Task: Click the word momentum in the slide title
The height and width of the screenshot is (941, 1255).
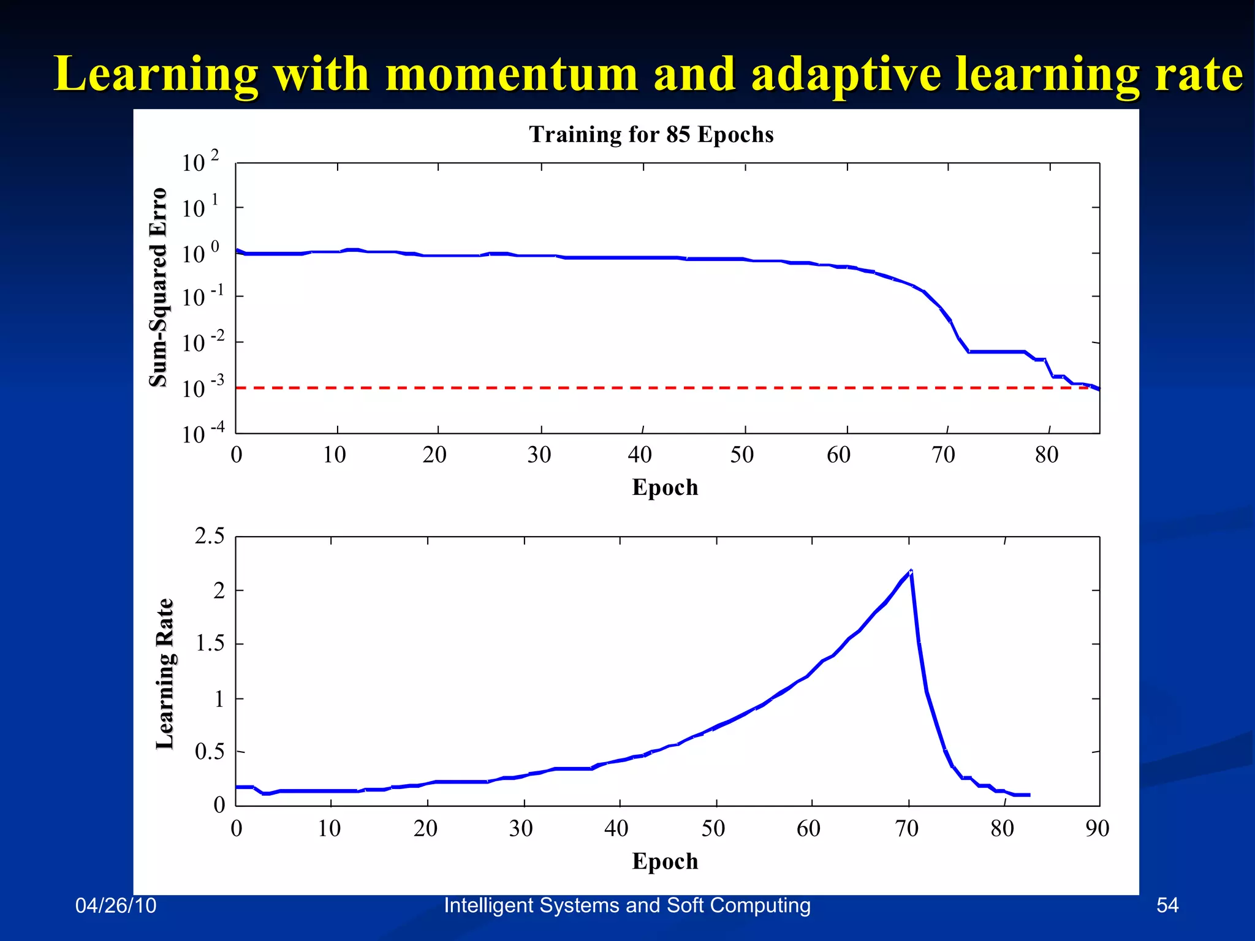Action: click(512, 75)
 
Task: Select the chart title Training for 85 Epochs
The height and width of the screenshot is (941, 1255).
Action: click(651, 135)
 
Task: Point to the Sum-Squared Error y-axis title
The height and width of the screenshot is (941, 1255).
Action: click(158, 287)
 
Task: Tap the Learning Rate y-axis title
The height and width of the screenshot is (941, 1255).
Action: click(165, 674)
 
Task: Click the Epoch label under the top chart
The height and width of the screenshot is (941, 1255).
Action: click(665, 488)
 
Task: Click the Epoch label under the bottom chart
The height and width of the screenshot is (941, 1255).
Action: click(665, 861)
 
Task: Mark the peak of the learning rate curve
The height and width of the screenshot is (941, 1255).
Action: click(911, 571)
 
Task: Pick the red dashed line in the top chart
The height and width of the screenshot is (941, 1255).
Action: click(613, 388)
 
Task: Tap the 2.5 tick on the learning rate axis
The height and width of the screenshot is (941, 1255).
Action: click(210, 537)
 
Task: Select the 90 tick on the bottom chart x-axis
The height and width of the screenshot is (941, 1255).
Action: click(1097, 829)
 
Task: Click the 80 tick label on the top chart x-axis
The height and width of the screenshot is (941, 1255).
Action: click(1047, 455)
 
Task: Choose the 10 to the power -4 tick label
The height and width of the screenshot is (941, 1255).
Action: click(203, 434)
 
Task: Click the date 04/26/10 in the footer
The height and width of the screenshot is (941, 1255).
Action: click(116, 905)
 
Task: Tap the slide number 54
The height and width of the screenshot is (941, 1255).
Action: click(1167, 905)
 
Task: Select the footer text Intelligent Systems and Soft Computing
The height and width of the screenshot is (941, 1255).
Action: click(627, 905)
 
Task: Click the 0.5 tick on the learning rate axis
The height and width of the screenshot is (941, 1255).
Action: click(210, 752)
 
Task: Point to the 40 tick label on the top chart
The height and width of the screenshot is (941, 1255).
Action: click(640, 455)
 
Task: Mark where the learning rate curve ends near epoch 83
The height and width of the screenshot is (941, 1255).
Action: click(1028, 795)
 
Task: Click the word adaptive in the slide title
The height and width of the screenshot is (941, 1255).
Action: click(846, 75)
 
